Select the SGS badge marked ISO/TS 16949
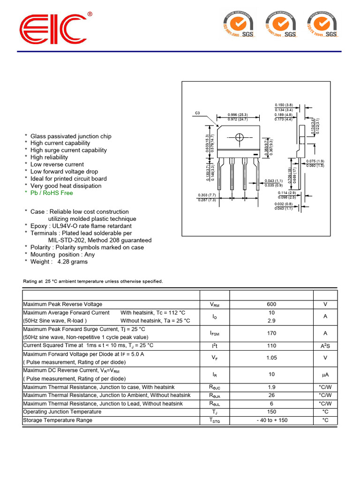[x=323, y=24]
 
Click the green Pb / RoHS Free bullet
[x=52, y=193]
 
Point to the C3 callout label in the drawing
[x=197, y=113]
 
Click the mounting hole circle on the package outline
[x=239, y=137]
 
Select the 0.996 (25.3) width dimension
[x=237, y=115]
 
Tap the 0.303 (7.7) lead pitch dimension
[x=206, y=195]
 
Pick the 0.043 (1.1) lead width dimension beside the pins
[x=274, y=181]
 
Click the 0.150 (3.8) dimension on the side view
[x=284, y=105]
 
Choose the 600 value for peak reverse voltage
[x=271, y=305]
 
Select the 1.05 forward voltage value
[x=271, y=358]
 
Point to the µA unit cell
[x=325, y=375]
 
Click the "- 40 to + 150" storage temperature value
[x=272, y=420]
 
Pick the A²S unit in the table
[x=325, y=346]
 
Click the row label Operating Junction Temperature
[x=62, y=412]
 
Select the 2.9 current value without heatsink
[x=271, y=321]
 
